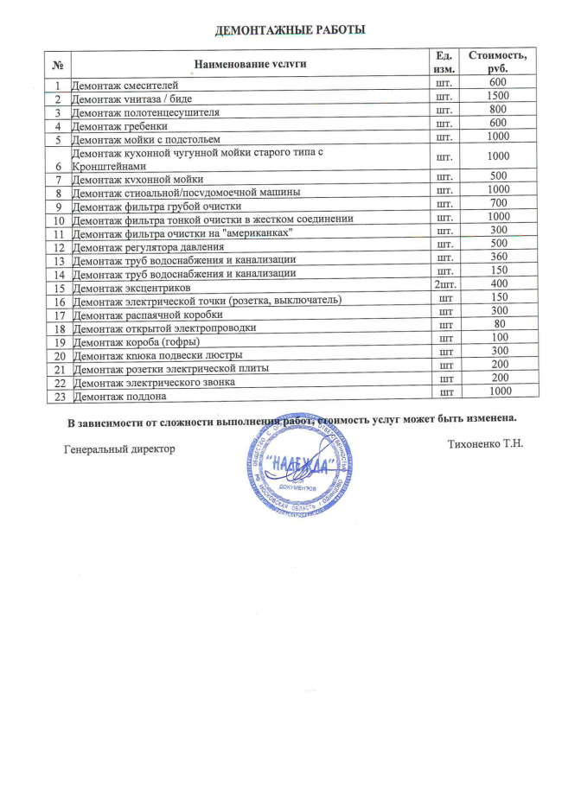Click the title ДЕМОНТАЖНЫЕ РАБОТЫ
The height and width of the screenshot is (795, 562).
291,30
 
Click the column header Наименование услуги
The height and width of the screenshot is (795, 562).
250,63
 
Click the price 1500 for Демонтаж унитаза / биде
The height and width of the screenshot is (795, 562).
497,95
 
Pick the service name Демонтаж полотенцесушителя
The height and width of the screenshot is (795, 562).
145,111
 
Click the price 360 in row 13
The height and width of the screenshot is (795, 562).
497,258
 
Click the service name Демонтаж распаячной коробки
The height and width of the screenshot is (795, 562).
139,315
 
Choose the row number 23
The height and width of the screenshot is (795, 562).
60,396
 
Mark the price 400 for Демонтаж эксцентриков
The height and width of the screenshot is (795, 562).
498,283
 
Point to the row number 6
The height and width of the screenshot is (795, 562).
59,165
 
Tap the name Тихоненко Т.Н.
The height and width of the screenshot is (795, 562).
487,444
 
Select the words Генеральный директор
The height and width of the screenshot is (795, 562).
119,448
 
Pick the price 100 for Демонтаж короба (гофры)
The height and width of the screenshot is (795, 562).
498,337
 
